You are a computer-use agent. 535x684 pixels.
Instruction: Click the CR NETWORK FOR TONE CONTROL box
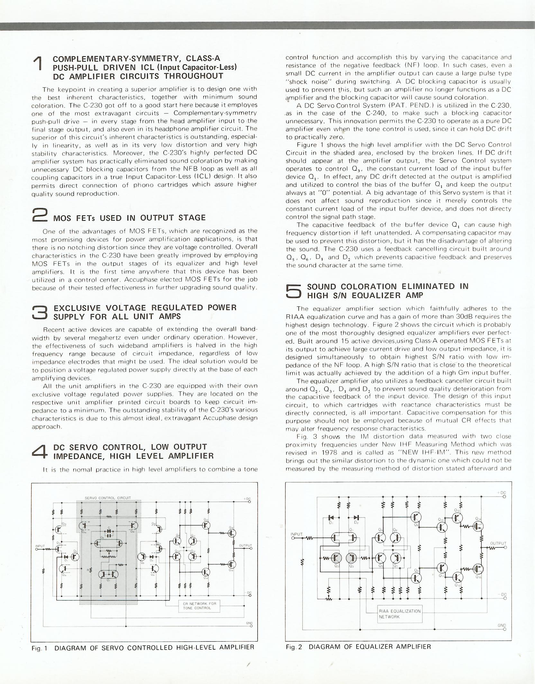click(199, 606)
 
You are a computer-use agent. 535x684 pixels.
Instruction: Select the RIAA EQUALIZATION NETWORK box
click(399, 614)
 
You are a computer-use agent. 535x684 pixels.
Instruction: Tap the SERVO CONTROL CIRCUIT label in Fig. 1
click(108, 498)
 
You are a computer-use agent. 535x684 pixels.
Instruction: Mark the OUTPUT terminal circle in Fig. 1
click(250, 549)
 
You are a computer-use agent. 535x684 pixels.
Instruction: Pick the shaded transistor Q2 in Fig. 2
click(335, 558)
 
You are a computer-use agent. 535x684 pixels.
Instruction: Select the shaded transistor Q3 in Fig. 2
click(351, 558)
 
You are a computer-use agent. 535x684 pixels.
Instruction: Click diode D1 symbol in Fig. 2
click(331, 518)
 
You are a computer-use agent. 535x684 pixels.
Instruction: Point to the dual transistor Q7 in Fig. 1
click(108, 574)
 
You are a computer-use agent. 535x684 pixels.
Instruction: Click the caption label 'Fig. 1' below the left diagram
click(39, 648)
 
